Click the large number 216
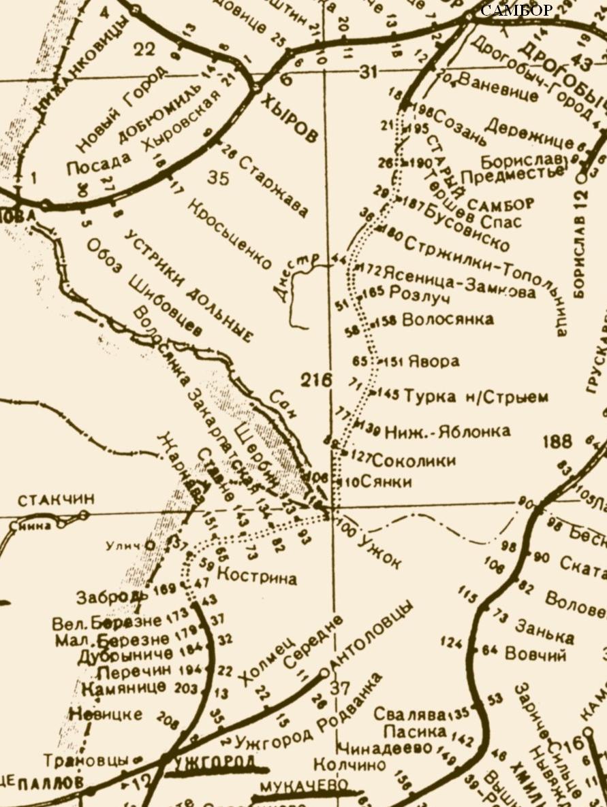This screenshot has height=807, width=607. [x=318, y=380]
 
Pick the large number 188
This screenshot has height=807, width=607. [x=557, y=442]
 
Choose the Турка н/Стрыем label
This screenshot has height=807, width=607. [x=476, y=396]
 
